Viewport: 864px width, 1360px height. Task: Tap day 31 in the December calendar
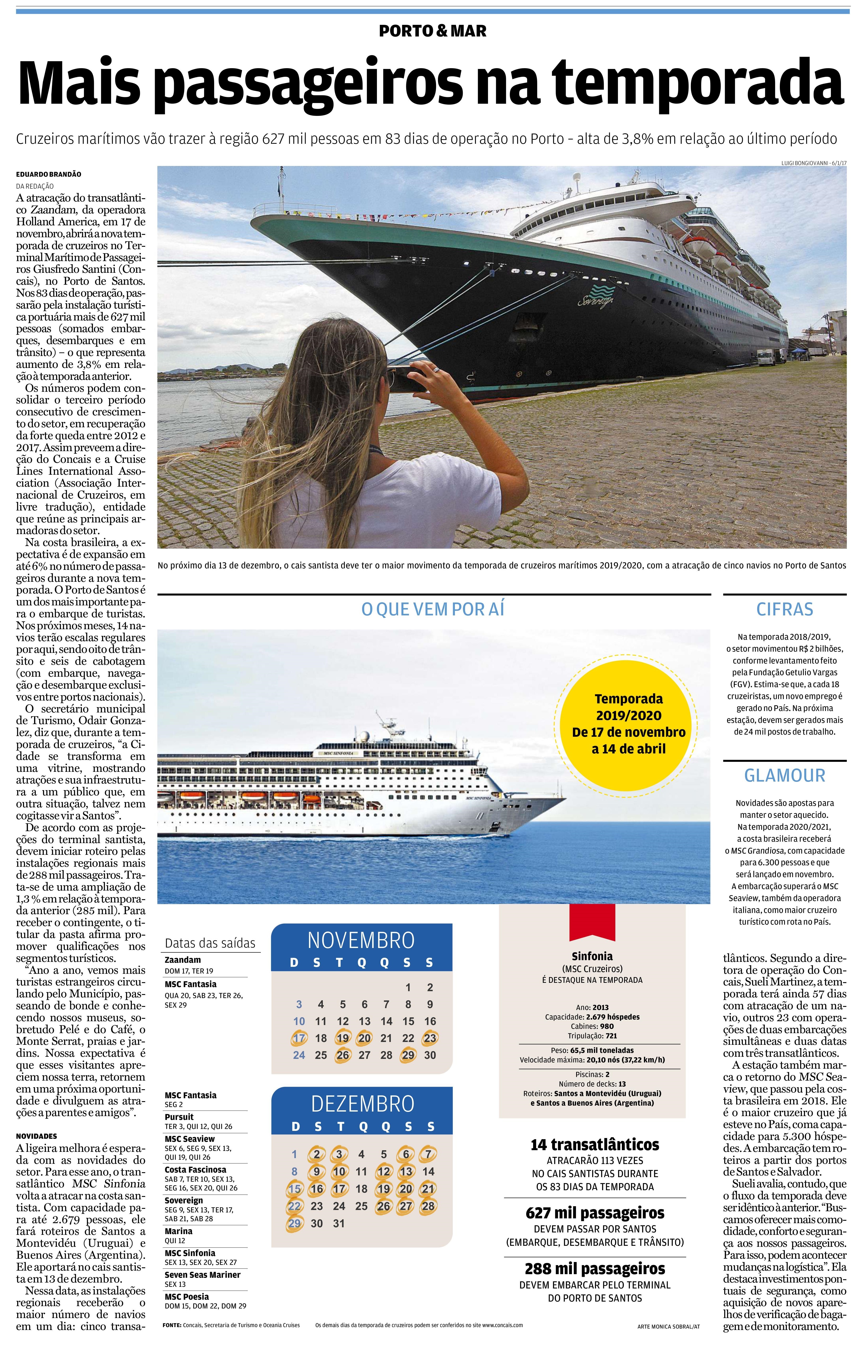coord(339,1223)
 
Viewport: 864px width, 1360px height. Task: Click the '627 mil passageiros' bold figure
coord(595,1213)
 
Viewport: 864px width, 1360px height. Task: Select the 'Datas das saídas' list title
coord(210,943)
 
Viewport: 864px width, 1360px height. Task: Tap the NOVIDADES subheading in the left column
coord(37,1136)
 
